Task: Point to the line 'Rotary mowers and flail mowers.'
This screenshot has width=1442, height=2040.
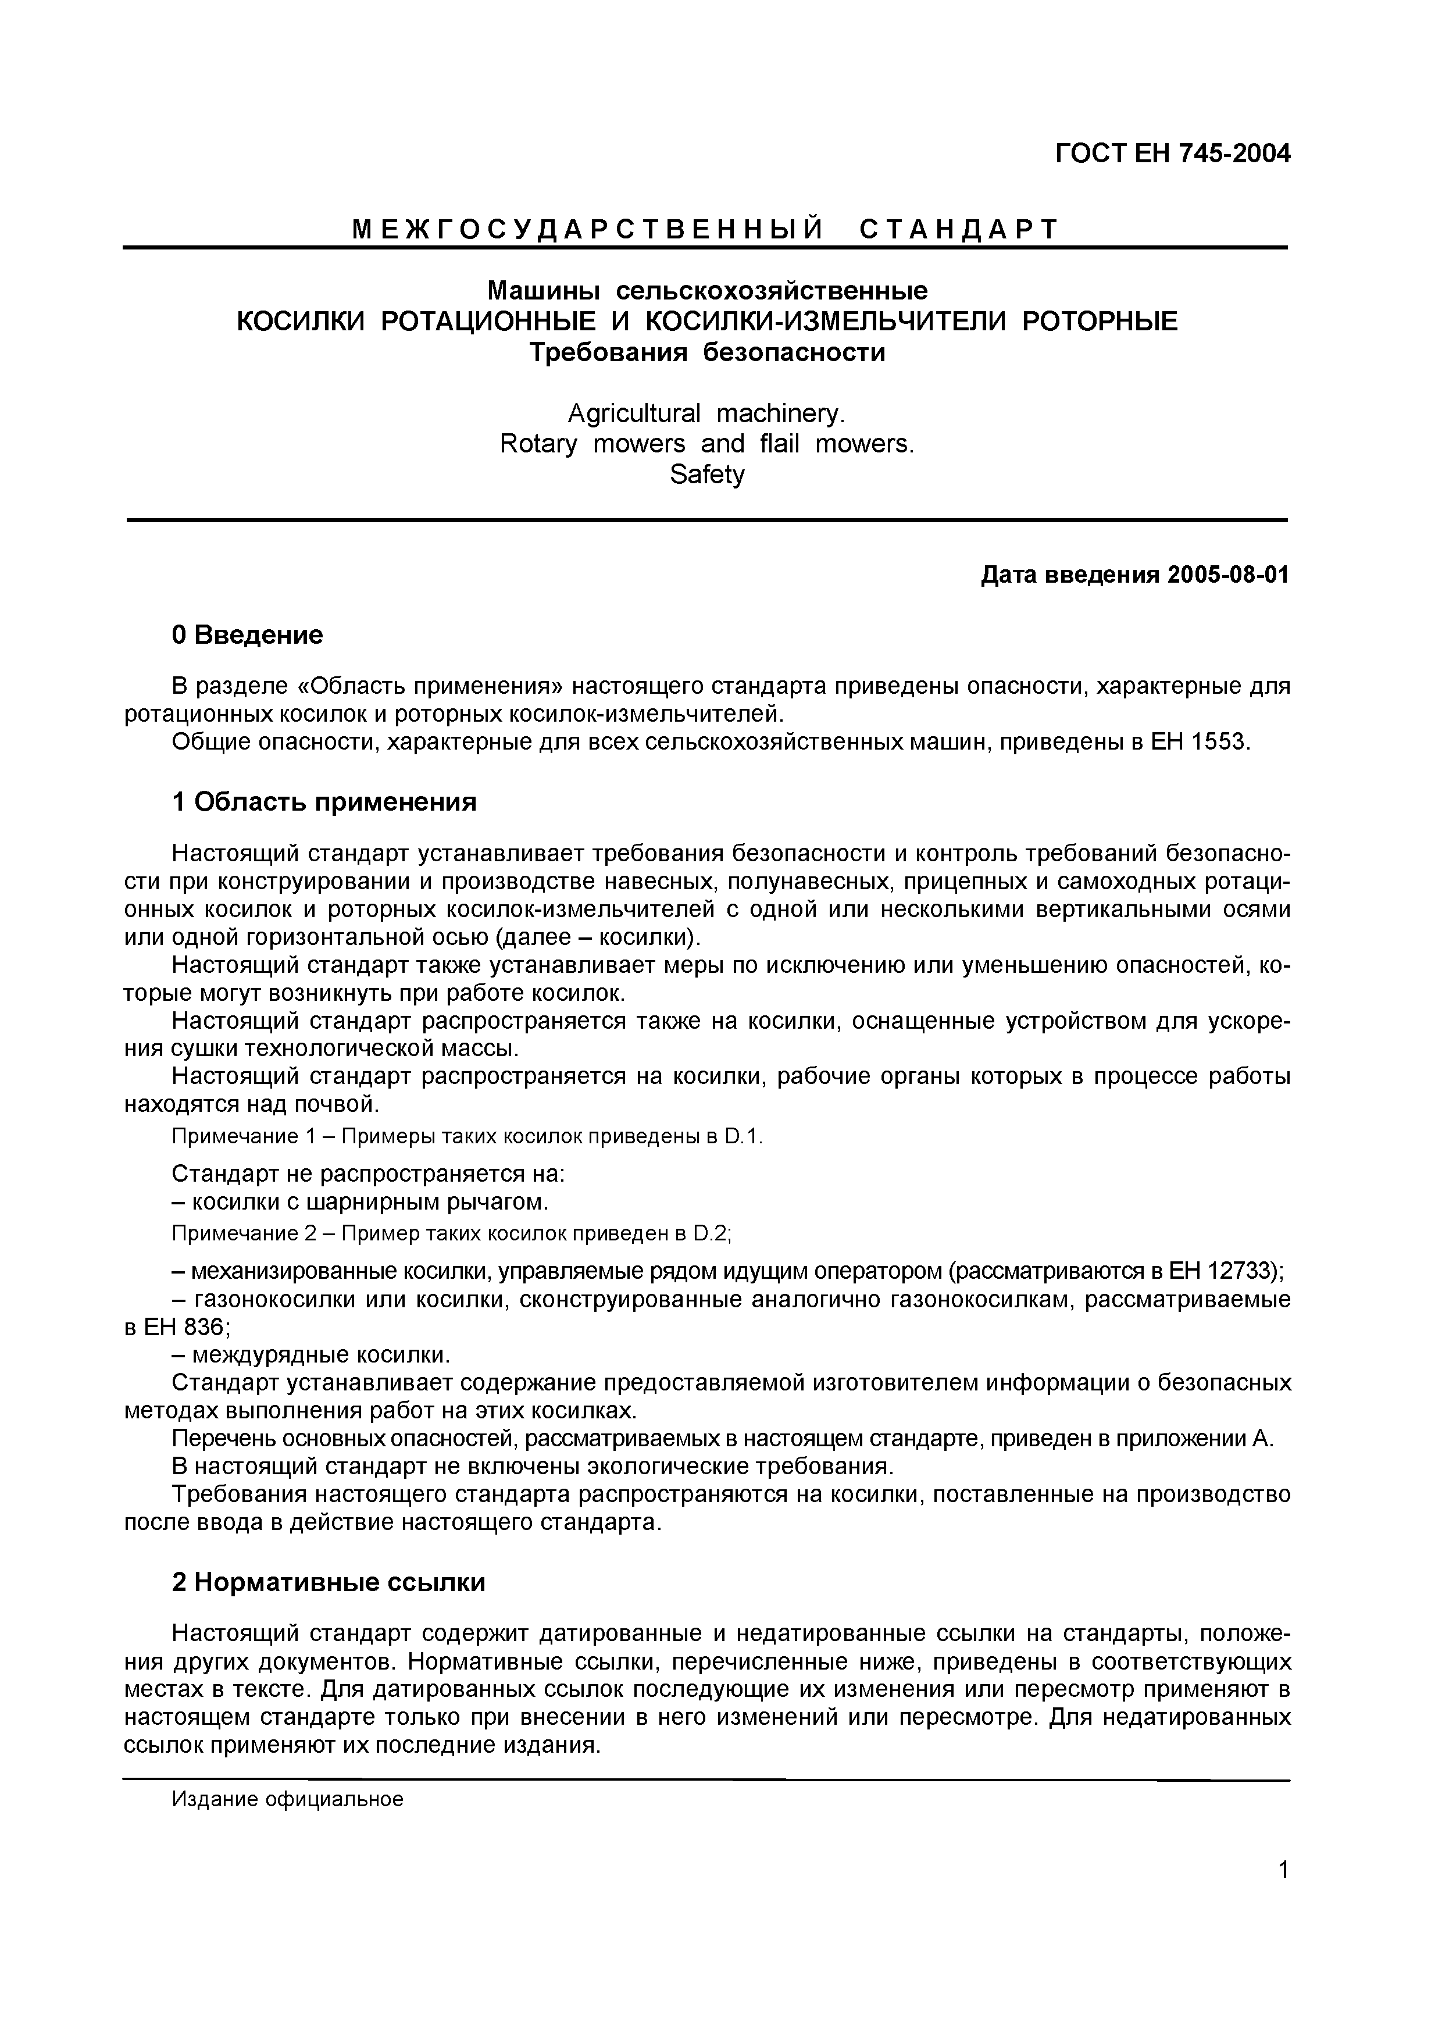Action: (x=706, y=443)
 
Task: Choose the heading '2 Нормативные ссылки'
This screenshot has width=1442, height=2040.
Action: (x=328, y=1582)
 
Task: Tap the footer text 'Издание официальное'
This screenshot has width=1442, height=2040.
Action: (x=287, y=1799)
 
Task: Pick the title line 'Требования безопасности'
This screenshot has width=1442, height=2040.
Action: (x=706, y=353)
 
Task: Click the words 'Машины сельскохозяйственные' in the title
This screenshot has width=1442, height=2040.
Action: (x=706, y=291)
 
